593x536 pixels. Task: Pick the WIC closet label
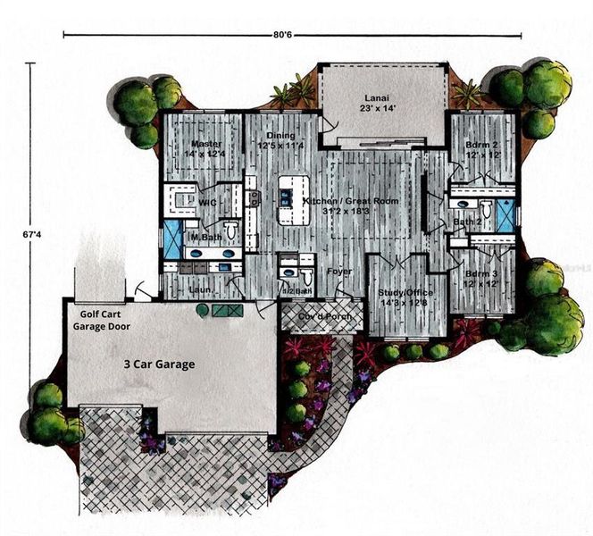pos(207,203)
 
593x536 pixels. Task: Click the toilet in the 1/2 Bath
pos(306,275)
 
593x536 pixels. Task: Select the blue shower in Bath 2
pos(505,214)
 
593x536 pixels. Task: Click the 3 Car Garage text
pos(160,364)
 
